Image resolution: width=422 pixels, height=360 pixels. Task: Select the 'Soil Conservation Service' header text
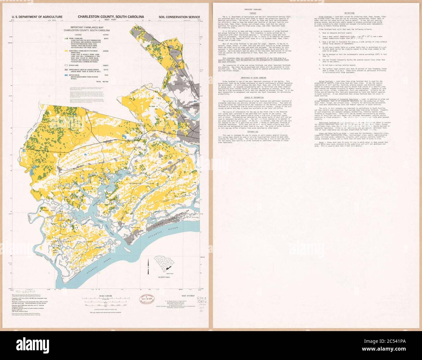[179, 17]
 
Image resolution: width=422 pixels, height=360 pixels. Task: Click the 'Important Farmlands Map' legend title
[86, 28]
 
